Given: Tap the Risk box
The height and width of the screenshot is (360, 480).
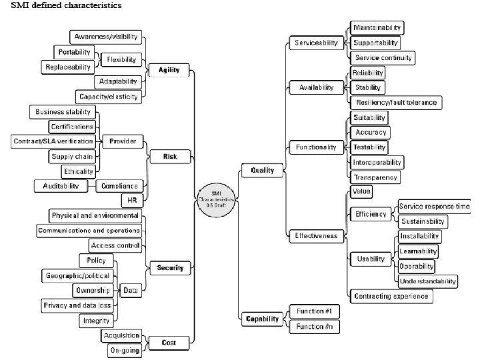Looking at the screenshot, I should [169, 157].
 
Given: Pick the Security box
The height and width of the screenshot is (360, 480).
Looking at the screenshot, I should [169, 268].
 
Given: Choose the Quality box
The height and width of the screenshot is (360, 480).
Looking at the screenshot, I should [262, 171].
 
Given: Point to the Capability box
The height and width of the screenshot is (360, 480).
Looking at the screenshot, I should [262, 319].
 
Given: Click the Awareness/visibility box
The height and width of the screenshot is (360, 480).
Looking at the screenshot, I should [105, 37].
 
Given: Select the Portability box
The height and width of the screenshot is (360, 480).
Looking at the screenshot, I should [74, 52].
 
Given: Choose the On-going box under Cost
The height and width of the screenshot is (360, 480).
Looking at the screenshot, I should [125, 350].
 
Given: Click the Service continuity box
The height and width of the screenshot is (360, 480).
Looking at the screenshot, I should [383, 58].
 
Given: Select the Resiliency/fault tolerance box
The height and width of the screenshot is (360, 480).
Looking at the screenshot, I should [396, 102].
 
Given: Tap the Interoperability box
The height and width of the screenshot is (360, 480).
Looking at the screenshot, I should [377, 162].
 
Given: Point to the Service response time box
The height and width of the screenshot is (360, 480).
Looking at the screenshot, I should [434, 207].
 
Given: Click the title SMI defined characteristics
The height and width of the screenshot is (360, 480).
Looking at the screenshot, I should [66, 6].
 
